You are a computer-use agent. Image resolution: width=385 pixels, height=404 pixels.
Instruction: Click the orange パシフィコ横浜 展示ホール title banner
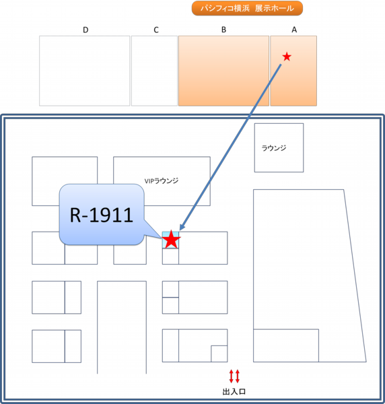point(247,8)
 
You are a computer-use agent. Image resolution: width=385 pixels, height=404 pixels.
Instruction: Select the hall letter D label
point(85,30)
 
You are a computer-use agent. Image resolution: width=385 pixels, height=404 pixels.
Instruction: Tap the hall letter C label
point(156,30)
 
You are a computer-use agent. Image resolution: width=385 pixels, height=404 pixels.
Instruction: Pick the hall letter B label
point(223,30)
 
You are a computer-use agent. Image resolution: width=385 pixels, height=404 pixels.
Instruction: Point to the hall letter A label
point(294,30)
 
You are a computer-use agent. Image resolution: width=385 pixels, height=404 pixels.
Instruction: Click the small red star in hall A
point(287,57)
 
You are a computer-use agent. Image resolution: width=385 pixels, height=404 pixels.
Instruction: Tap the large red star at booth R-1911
point(171,240)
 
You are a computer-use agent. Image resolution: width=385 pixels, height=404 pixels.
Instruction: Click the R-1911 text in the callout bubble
point(102,215)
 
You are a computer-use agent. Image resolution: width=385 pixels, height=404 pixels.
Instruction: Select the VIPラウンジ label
point(162,181)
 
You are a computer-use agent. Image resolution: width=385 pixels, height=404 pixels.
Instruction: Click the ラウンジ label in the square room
point(274,148)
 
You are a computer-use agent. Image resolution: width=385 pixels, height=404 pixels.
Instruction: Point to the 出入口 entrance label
point(234,392)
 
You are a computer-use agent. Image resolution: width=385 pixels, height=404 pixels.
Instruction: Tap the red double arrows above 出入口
point(234,376)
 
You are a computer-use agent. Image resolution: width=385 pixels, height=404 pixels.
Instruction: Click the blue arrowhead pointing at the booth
point(182,227)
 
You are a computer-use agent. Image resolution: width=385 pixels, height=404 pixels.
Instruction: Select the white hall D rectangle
point(84,71)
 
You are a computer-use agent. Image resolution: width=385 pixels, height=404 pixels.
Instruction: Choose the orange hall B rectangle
point(223,71)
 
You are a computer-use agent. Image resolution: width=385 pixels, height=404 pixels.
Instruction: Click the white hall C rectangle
point(155,71)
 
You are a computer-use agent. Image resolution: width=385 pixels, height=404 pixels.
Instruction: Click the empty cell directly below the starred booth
point(170,257)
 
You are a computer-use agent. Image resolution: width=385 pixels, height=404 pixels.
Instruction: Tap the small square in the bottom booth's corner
point(219,353)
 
